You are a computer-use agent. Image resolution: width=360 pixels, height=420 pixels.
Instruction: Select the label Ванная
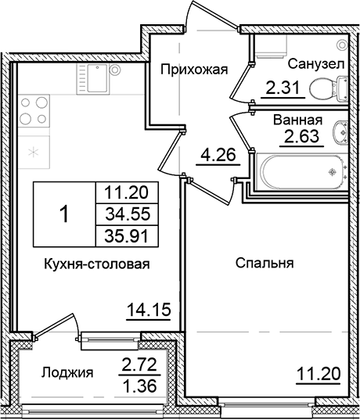coord(298,120)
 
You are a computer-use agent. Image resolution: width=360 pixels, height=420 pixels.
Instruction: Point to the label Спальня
coord(264,264)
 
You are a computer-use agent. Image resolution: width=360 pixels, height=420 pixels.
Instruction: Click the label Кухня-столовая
coord(97,264)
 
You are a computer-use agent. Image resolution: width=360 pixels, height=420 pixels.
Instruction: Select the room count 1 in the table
coord(63,213)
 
